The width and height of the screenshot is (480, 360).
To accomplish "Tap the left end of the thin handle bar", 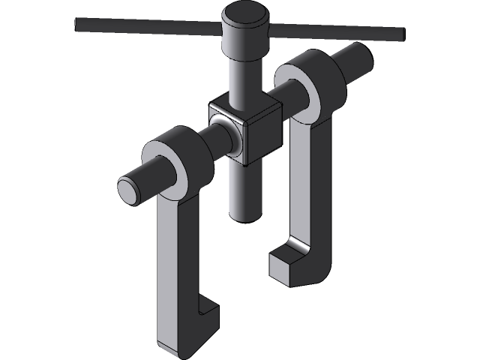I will (79, 24).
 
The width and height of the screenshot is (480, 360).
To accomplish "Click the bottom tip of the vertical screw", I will (245, 216).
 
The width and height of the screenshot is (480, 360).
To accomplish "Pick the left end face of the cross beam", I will (128, 190).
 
